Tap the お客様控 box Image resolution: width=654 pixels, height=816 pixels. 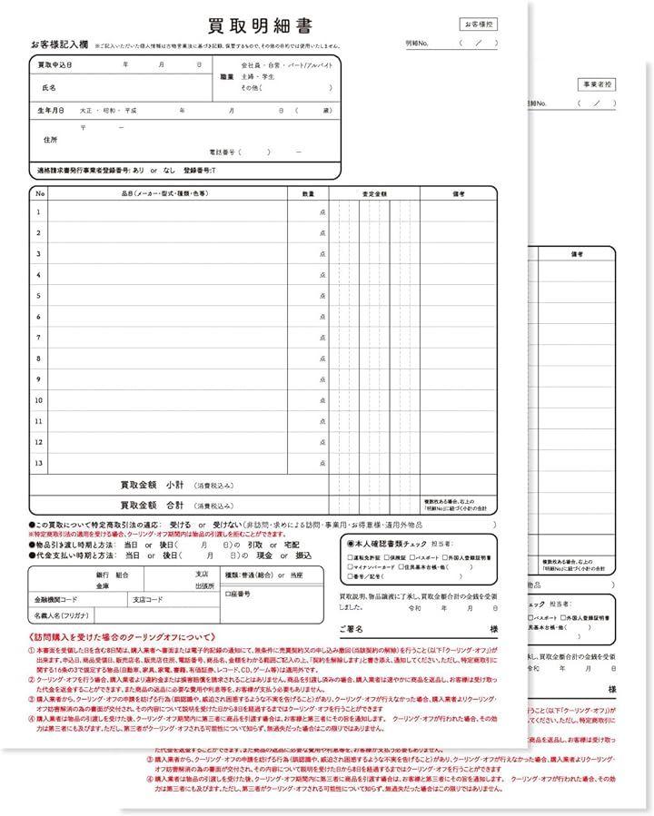pos(479,25)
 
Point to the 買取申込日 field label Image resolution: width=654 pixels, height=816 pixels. pos(54,66)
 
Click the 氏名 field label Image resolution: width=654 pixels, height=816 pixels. pos(49,88)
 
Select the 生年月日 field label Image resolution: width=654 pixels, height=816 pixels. pos(51,110)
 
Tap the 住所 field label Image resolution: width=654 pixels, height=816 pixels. pos(50,140)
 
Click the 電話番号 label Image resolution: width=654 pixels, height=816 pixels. pos(223,152)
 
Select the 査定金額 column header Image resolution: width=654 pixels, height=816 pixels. pos(373,193)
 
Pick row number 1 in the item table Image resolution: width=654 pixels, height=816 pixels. pos(39,211)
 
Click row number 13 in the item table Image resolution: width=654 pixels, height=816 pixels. pos(39,463)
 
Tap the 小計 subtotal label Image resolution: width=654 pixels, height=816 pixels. pos(175,486)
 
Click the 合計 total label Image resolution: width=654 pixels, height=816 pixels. pos(175,505)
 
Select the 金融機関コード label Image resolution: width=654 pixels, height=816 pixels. pos(56,600)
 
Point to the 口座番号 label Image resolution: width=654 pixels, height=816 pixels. pos(237,594)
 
